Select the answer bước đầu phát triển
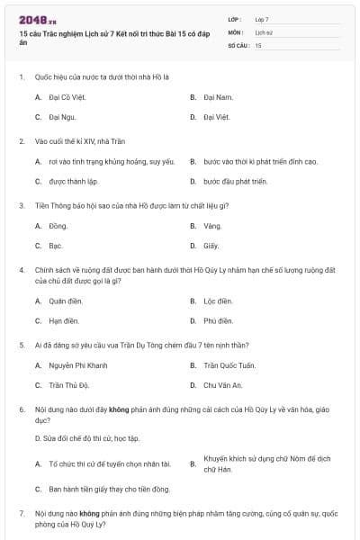point(236,181)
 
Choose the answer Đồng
point(58,226)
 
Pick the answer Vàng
point(212,226)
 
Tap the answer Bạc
point(56,246)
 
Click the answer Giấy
point(211,246)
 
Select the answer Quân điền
point(65,301)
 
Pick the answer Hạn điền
point(64,320)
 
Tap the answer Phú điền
point(218,320)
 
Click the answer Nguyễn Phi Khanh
point(77,365)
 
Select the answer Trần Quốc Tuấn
point(229,365)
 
